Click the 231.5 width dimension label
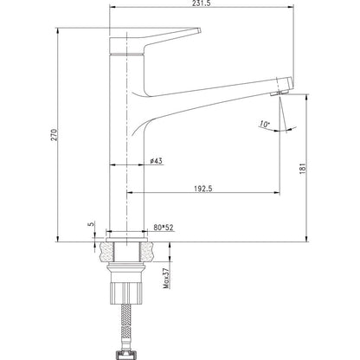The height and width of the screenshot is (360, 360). tap(202, 3)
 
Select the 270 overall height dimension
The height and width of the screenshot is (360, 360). tap(55, 135)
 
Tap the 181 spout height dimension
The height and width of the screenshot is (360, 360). tap(302, 169)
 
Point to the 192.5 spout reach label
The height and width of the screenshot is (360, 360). tap(203, 189)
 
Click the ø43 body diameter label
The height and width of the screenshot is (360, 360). tap(156, 161)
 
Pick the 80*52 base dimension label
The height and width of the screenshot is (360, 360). tap(164, 228)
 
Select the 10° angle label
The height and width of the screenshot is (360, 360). tap(264, 125)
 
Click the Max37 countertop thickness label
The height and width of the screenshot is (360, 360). tap(166, 278)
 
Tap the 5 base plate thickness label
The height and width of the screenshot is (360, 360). tap(92, 224)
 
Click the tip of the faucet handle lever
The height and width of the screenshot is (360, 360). tap(200, 29)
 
